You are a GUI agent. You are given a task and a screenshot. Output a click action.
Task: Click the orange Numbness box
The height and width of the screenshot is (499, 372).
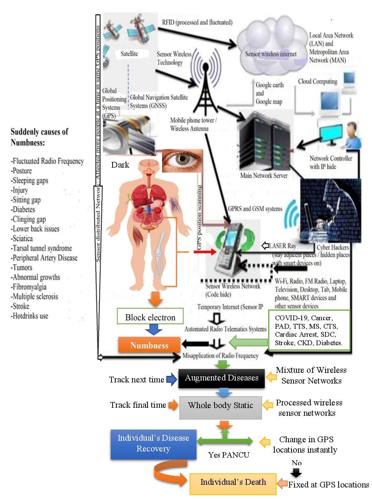pos(149,345)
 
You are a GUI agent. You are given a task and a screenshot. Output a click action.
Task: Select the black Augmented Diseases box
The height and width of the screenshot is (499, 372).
pos(221,378)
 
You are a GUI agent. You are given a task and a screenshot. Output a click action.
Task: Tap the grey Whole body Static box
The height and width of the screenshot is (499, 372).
pos(220,406)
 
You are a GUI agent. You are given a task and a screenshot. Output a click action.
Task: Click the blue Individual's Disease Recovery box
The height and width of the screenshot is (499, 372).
pos(153,444)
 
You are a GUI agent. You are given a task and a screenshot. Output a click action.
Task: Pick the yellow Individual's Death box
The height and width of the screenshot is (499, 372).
pos(233,483)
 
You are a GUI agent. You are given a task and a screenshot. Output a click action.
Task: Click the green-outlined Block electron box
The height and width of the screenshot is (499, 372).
pos(150,317)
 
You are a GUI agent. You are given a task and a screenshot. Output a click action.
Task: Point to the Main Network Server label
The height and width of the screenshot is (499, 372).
pos(264,176)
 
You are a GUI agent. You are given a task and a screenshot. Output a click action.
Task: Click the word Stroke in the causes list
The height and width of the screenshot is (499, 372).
pos(21,306)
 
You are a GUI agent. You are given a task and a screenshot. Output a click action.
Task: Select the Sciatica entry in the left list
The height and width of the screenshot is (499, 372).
pos(23,239)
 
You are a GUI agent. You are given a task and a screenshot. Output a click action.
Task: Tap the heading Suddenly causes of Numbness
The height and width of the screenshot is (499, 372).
pos(39,137)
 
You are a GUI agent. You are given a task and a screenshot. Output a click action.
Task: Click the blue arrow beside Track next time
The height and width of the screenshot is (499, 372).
pos(171,379)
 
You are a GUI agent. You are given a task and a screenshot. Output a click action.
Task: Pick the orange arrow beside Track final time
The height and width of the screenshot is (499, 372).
pos(173,405)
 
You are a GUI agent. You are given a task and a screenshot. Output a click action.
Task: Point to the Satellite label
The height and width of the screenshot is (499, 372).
pos(129,54)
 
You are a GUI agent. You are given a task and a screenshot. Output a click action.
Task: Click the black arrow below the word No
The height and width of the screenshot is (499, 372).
pos(296,473)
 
